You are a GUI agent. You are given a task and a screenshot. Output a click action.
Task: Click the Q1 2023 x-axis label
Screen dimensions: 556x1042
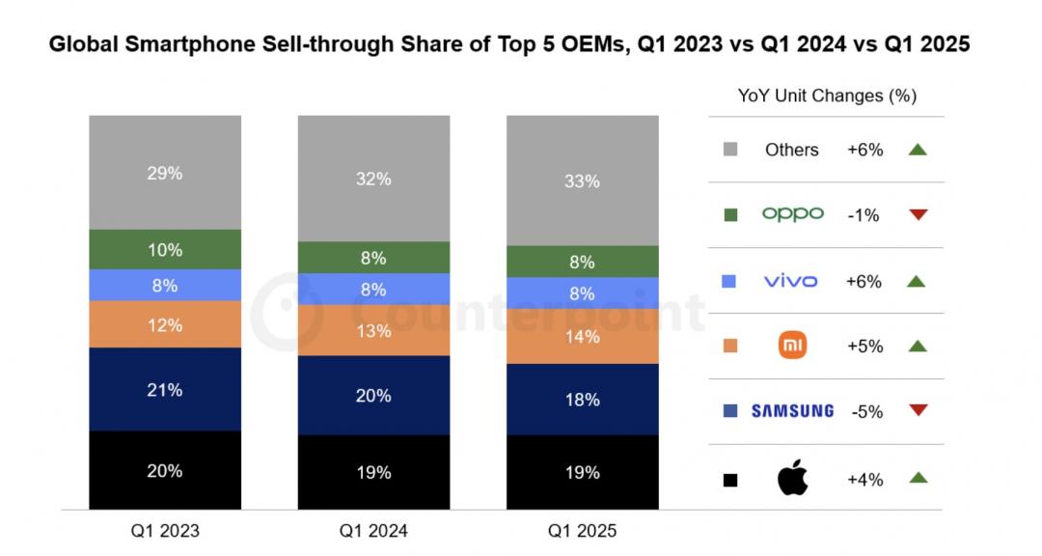click(165, 531)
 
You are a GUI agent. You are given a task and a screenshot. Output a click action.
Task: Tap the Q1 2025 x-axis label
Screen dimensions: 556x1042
click(582, 531)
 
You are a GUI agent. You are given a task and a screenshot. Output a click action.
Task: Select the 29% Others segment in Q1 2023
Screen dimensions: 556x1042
click(165, 173)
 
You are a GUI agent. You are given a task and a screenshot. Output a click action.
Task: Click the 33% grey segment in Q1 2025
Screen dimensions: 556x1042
click(582, 181)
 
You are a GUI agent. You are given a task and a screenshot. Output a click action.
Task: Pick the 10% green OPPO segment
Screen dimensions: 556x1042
click(165, 250)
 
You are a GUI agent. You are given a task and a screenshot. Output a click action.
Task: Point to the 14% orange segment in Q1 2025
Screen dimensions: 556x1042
click(582, 336)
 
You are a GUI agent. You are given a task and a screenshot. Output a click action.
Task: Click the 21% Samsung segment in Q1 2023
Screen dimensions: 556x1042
click(165, 390)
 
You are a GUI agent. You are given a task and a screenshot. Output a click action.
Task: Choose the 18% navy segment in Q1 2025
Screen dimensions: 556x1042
click(582, 400)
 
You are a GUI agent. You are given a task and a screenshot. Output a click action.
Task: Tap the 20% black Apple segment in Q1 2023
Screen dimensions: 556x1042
click(165, 471)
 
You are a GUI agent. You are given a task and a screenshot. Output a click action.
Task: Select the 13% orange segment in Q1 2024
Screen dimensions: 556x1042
click(373, 331)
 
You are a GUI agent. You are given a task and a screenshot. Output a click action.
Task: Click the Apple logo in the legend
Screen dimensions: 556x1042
click(792, 478)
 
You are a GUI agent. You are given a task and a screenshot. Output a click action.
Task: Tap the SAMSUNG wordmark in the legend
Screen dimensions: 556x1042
click(792, 411)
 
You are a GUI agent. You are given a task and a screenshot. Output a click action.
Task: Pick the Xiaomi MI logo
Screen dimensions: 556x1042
click(792, 346)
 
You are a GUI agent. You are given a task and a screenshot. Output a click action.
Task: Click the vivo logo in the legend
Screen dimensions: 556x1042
click(790, 281)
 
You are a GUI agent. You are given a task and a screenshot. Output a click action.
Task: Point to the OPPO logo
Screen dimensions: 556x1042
click(792, 214)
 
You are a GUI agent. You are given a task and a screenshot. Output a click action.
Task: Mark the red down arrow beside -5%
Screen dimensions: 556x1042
click(918, 411)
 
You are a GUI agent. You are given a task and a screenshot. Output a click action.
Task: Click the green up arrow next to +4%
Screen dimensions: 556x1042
click(918, 478)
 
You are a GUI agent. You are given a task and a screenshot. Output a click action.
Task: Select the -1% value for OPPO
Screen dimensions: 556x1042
click(864, 215)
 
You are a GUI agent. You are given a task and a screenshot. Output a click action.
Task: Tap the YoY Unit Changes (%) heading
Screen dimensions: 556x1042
click(827, 96)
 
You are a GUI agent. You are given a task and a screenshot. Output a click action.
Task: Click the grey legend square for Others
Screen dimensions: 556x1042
click(730, 150)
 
